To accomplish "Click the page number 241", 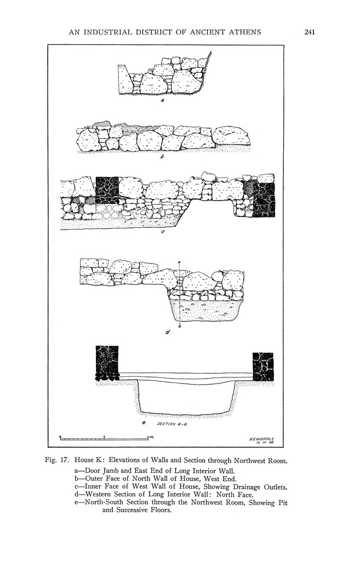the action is tap(309, 32).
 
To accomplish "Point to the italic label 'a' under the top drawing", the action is tap(162, 101).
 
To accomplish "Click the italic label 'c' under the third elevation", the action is tap(162, 233).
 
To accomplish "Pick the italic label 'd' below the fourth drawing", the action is tap(167, 332).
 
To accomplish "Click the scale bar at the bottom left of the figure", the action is tap(104, 438).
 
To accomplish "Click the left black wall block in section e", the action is tap(107, 363).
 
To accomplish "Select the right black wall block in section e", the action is tap(263, 367).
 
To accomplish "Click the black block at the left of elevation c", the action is tap(107, 190).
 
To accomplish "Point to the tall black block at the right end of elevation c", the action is tap(264, 199).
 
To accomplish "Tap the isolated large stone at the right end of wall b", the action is tap(231, 136).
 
